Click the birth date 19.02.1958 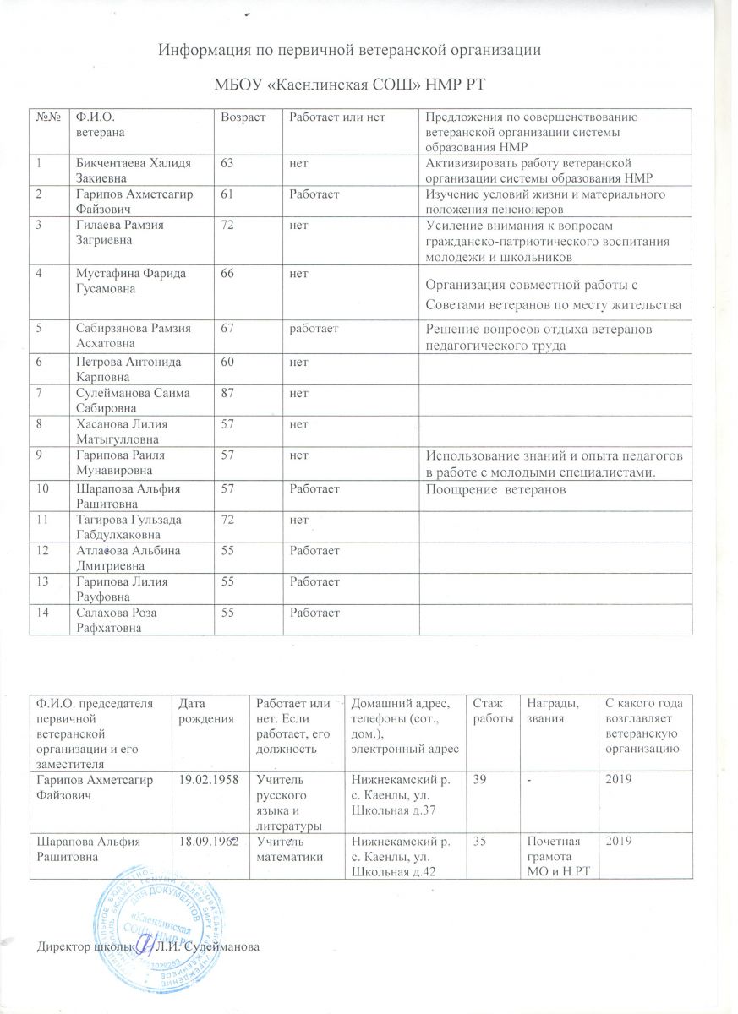[x=203, y=778]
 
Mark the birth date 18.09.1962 [x=203, y=842]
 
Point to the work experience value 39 [x=478, y=778]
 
